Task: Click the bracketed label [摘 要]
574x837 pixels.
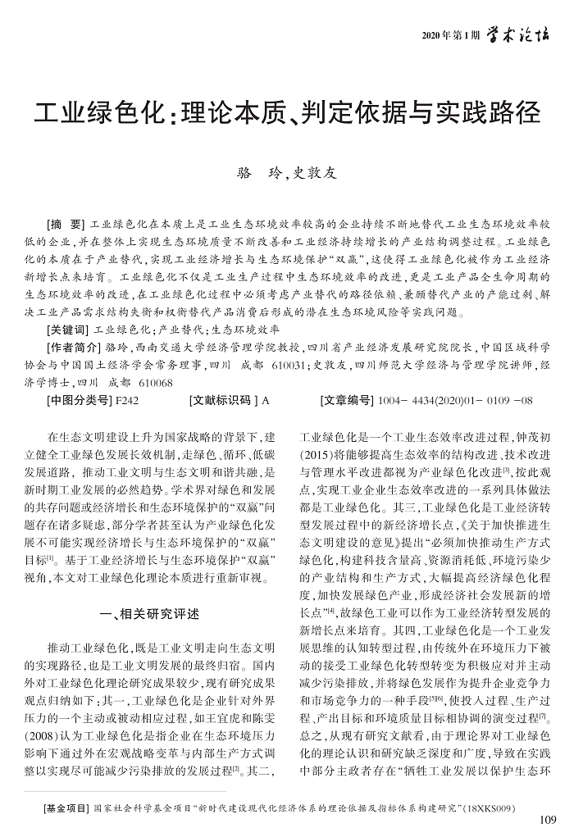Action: tap(66, 224)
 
